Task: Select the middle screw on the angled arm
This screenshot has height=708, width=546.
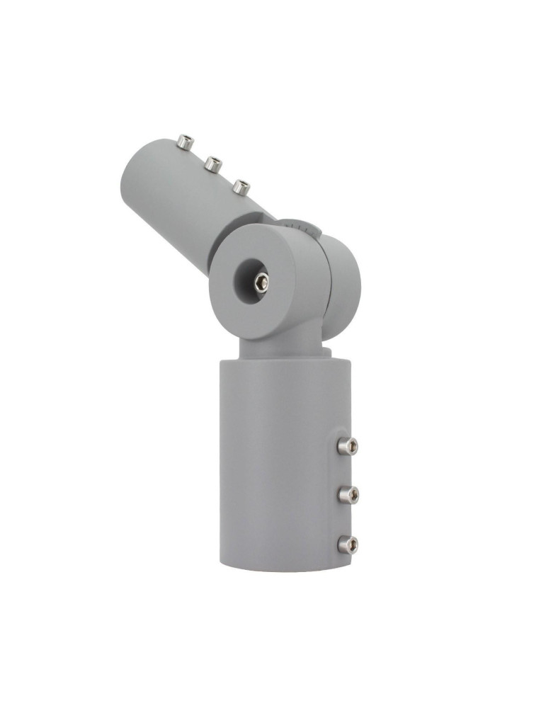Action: [212, 164]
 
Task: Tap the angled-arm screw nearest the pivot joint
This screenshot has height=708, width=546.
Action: [241, 187]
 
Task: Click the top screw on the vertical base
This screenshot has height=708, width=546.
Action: [347, 445]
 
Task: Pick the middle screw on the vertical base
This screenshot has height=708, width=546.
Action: [348, 494]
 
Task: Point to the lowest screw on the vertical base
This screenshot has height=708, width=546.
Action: [347, 544]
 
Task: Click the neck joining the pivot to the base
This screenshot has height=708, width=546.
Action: [280, 347]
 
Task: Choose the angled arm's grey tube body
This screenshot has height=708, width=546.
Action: [177, 198]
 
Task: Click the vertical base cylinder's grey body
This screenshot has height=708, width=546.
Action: [276, 467]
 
